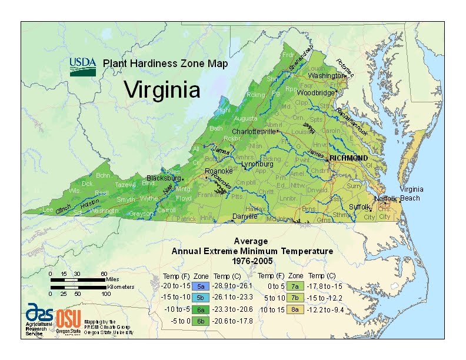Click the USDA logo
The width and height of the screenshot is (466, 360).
pyautogui.click(x=83, y=66)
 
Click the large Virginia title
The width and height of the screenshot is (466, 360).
pyautogui.click(x=162, y=90)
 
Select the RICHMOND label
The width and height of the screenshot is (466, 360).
pyautogui.click(x=348, y=158)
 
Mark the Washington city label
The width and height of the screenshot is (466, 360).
pyautogui.click(x=326, y=76)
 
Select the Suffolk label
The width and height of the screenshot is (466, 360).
pyautogui.click(x=360, y=207)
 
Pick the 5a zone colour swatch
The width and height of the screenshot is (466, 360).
pyautogui.click(x=201, y=286)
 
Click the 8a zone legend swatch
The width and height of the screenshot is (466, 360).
pyautogui.click(x=295, y=309)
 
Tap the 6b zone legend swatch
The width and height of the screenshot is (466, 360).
pyautogui.click(x=201, y=321)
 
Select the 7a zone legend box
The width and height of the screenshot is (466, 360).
pyautogui.click(x=295, y=286)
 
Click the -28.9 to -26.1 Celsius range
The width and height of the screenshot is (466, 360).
pyautogui.click(x=232, y=286)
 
